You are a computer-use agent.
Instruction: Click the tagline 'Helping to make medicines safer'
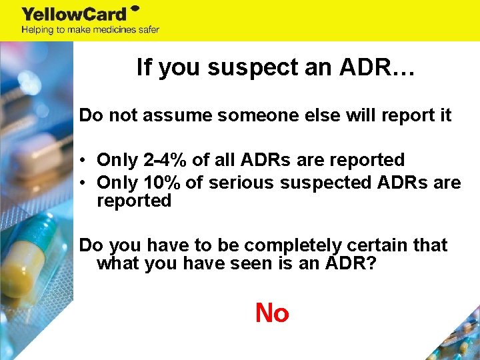(90, 29)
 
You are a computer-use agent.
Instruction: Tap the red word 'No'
(272, 312)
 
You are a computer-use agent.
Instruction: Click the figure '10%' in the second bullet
(163, 183)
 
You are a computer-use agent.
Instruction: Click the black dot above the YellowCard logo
(134, 8)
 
